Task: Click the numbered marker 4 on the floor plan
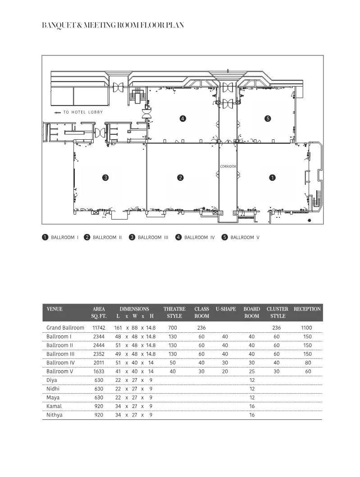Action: pyautogui.click(x=182, y=119)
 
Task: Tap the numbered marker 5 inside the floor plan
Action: pyautogui.click(x=268, y=119)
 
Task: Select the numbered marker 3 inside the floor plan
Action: pyautogui.click(x=105, y=177)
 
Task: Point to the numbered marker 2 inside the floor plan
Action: pyautogui.click(x=180, y=177)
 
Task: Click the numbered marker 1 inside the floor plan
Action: pyautogui.click(x=272, y=177)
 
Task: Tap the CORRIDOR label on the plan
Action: pyautogui.click(x=228, y=166)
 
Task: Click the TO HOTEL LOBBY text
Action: pyautogui.click(x=83, y=112)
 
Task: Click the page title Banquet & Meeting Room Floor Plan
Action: pyautogui.click(x=113, y=26)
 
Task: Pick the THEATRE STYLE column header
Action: pyautogui.click(x=174, y=312)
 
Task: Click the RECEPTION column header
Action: pyautogui.click(x=307, y=309)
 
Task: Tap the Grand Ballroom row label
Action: pyautogui.click(x=65, y=328)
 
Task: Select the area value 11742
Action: pyautogui.click(x=99, y=328)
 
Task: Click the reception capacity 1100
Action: pyautogui.click(x=307, y=328)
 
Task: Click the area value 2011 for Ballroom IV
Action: pyautogui.click(x=99, y=362)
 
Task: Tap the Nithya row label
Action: pyautogui.click(x=55, y=415)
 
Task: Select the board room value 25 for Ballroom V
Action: pyautogui.click(x=252, y=372)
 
